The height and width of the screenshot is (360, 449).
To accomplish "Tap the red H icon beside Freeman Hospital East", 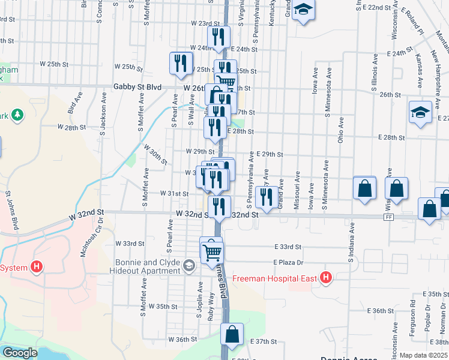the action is coord(326,278).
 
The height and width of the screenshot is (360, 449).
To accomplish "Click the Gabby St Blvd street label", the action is coord(137,87).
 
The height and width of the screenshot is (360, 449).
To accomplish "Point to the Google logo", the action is coord(19,353).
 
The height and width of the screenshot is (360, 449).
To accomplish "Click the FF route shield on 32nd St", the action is coord(389,217).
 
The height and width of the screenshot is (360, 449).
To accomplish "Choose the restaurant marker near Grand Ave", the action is coord(265,194).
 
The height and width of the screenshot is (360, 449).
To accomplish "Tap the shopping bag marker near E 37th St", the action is coord(232,334).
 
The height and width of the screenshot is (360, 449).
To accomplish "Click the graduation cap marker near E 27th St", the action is coord(420,111).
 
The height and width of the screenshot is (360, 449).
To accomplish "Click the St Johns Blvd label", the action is coord(11,211).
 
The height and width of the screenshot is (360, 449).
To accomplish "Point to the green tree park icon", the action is coord(18,115).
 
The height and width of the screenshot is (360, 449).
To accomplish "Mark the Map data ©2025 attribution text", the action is coord(423,355).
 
